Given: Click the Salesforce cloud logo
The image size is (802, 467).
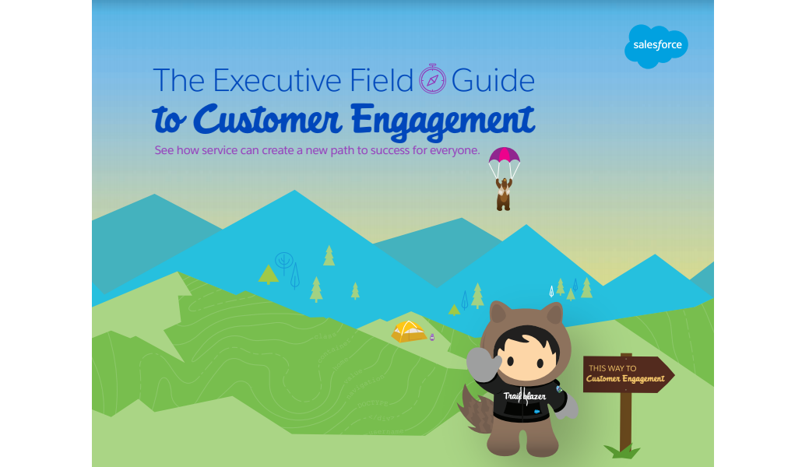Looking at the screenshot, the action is (x=656, y=46).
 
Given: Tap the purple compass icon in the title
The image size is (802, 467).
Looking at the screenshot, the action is (x=432, y=79).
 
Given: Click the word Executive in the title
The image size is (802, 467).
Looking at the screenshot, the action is (x=276, y=80).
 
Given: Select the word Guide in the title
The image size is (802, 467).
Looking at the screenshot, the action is (x=493, y=80).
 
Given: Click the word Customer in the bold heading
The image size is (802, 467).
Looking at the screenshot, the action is (x=268, y=120).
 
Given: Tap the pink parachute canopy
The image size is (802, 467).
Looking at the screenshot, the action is (x=504, y=155).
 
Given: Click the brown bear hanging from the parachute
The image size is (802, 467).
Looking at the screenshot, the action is (x=503, y=194).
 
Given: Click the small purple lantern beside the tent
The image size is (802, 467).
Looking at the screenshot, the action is (x=432, y=337).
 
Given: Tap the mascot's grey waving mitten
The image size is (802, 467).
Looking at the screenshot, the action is (x=483, y=364).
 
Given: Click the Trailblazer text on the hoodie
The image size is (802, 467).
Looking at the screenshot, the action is (x=524, y=396).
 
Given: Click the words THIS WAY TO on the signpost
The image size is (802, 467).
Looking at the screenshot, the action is (x=612, y=368).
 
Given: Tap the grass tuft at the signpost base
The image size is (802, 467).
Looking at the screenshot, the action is (x=622, y=451).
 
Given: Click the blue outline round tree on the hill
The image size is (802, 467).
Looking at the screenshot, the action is (x=284, y=261).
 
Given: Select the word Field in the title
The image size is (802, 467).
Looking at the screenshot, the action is (x=381, y=80).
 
